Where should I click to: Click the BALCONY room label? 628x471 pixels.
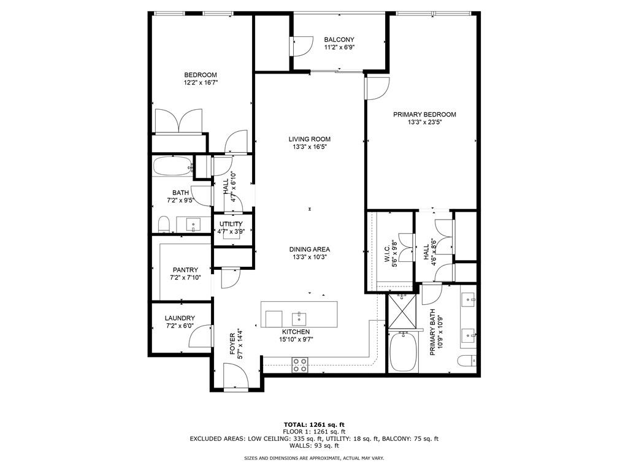tap(339, 39)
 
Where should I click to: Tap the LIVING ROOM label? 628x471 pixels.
tap(310, 139)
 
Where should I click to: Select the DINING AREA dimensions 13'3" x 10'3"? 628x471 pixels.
tap(310, 257)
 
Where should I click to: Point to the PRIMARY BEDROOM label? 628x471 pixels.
tap(424, 114)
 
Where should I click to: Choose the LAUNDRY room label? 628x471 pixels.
tap(179, 318)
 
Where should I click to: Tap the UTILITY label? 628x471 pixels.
tap(231, 224)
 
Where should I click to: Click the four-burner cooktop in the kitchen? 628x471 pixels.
tap(300, 364)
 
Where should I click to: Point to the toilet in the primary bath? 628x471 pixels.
tap(467, 361)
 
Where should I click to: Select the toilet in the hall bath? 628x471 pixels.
tap(163, 225)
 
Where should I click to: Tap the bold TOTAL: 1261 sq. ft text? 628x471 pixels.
tap(314, 424)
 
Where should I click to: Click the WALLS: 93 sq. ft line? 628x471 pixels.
tap(314, 446)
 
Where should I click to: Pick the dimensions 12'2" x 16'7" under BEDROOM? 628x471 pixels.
tap(201, 82)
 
